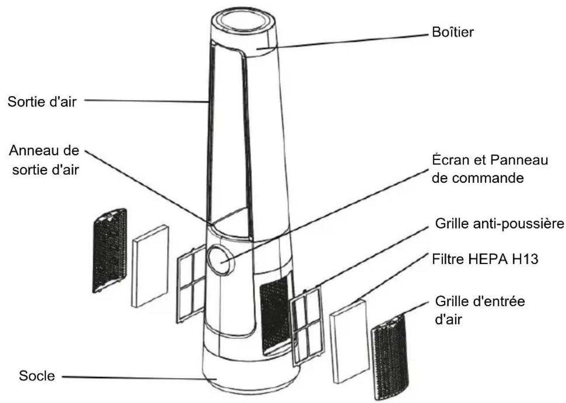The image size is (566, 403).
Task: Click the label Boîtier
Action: tap(453, 32)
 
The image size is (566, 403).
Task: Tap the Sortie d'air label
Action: tap(42, 102)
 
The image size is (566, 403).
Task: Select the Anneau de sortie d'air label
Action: tap(44, 160)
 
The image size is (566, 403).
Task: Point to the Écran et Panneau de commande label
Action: tap(490, 169)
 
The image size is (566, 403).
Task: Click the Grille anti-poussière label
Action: tap(499, 224)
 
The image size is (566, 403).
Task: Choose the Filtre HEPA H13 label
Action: tap(485, 259)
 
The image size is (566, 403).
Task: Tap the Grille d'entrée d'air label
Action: tap(480, 310)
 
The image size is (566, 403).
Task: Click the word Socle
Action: tap(37, 376)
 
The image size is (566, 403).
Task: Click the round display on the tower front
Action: tap(220, 259)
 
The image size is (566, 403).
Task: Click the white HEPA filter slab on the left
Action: tap(150, 266)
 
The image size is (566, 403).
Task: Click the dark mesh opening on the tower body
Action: tap(274, 316)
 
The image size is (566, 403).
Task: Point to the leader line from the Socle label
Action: tap(139, 378)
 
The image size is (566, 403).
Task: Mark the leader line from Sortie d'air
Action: tap(147, 101)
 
